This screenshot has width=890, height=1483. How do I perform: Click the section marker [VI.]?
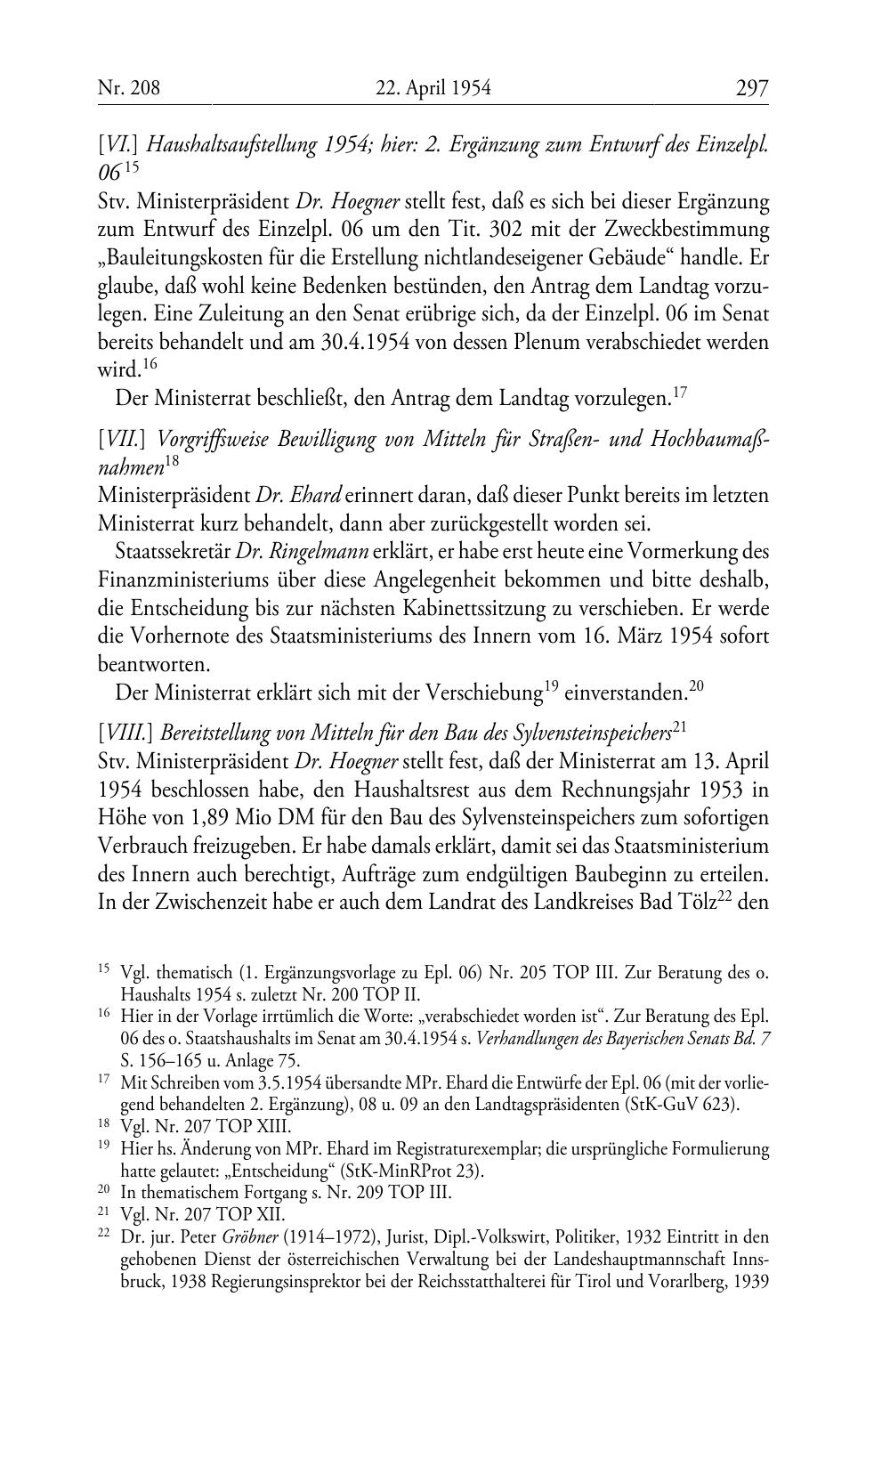116,143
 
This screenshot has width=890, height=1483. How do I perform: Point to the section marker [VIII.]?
124,733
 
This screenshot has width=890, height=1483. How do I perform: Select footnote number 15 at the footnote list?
103,969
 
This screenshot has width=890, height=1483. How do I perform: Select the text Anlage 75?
261,1060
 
